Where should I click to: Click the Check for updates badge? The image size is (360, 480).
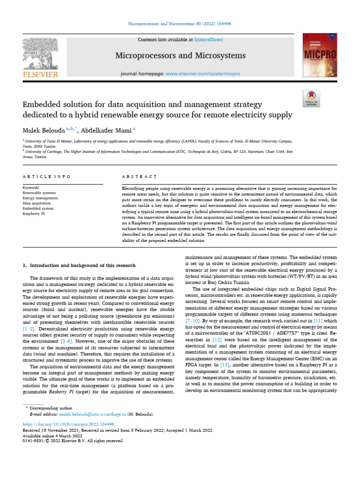pyautogui.click(x=311, y=98)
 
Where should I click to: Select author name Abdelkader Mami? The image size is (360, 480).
pyautogui.click(x=105, y=129)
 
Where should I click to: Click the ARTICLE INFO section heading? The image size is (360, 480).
pyautogui.click(x=46, y=177)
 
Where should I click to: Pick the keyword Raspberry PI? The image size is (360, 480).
pyautogui.click(x=34, y=213)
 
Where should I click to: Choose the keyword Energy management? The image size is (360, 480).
pyautogui.click(x=40, y=198)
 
